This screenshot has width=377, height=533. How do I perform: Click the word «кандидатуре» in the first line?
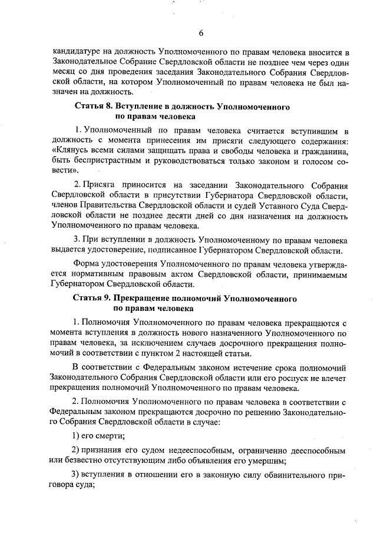(x=76, y=52)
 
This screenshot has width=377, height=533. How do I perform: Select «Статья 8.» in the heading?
(x=92, y=107)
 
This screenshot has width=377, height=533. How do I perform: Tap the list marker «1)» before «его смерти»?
(x=76, y=436)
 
